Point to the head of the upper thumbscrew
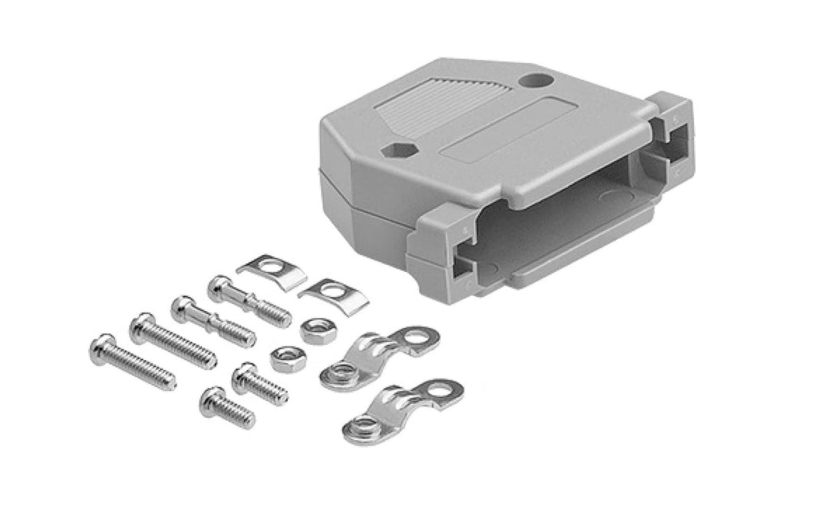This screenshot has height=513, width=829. coord(219,286)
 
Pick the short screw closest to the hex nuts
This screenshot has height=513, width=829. coord(261,382)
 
